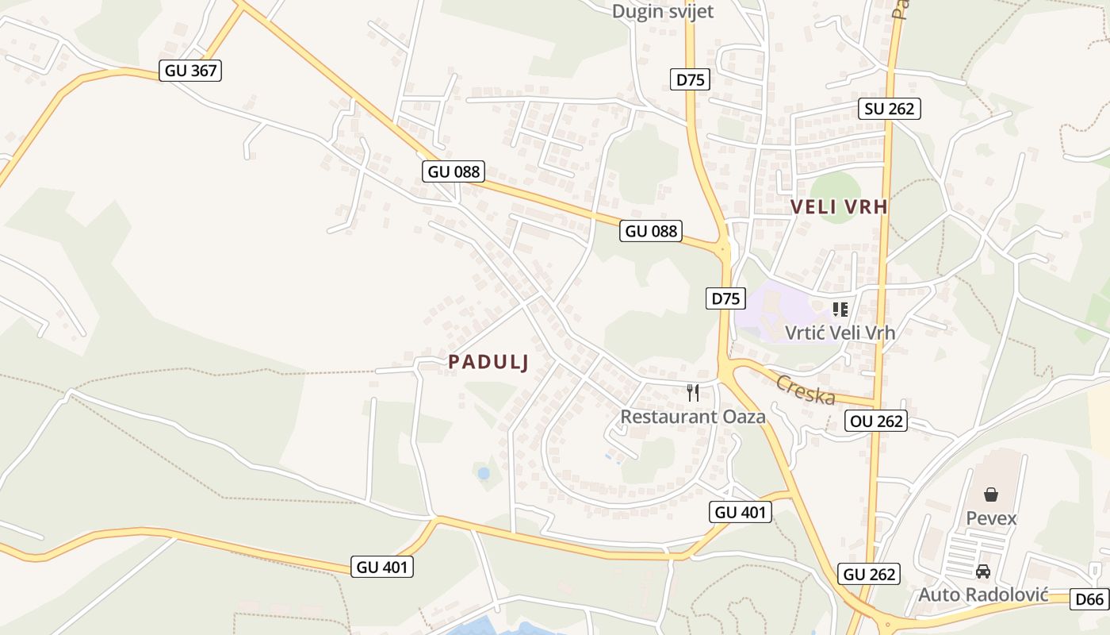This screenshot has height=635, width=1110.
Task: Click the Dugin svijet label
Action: [663, 12]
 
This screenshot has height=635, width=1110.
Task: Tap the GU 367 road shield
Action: [190, 71]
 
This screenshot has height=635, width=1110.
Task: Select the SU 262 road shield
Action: [890, 109]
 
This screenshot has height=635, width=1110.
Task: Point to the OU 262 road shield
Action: [876, 421]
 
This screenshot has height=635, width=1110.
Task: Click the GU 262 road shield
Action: [869, 574]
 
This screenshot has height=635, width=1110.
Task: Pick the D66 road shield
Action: [1089, 599]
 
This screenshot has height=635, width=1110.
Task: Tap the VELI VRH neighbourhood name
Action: [839, 207]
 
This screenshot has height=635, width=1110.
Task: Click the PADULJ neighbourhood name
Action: [488, 362]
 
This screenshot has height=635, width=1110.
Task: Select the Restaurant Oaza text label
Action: [692, 416]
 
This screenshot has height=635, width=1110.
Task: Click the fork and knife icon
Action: [693, 392]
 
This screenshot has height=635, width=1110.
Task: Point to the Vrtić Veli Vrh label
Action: [840, 333]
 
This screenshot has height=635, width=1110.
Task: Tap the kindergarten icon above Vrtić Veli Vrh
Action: [840, 309]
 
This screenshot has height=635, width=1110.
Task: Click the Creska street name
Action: [805, 389]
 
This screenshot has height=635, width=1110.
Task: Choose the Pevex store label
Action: [991, 518]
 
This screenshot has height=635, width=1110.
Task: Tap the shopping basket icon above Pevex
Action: [991, 495]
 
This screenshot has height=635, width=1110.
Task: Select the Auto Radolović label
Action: [983, 595]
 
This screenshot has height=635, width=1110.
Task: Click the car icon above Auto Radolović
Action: [983, 571]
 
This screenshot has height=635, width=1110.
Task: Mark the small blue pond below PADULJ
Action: [484, 474]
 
